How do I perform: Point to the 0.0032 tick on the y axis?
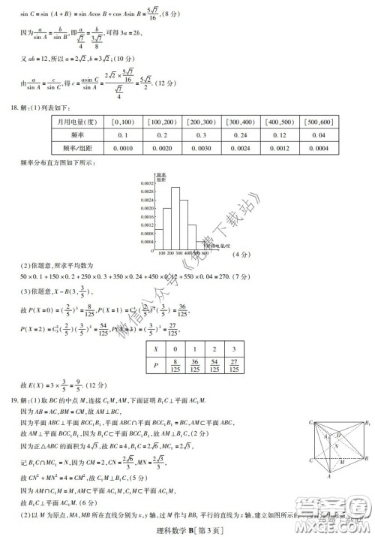click(x=147, y=183)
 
